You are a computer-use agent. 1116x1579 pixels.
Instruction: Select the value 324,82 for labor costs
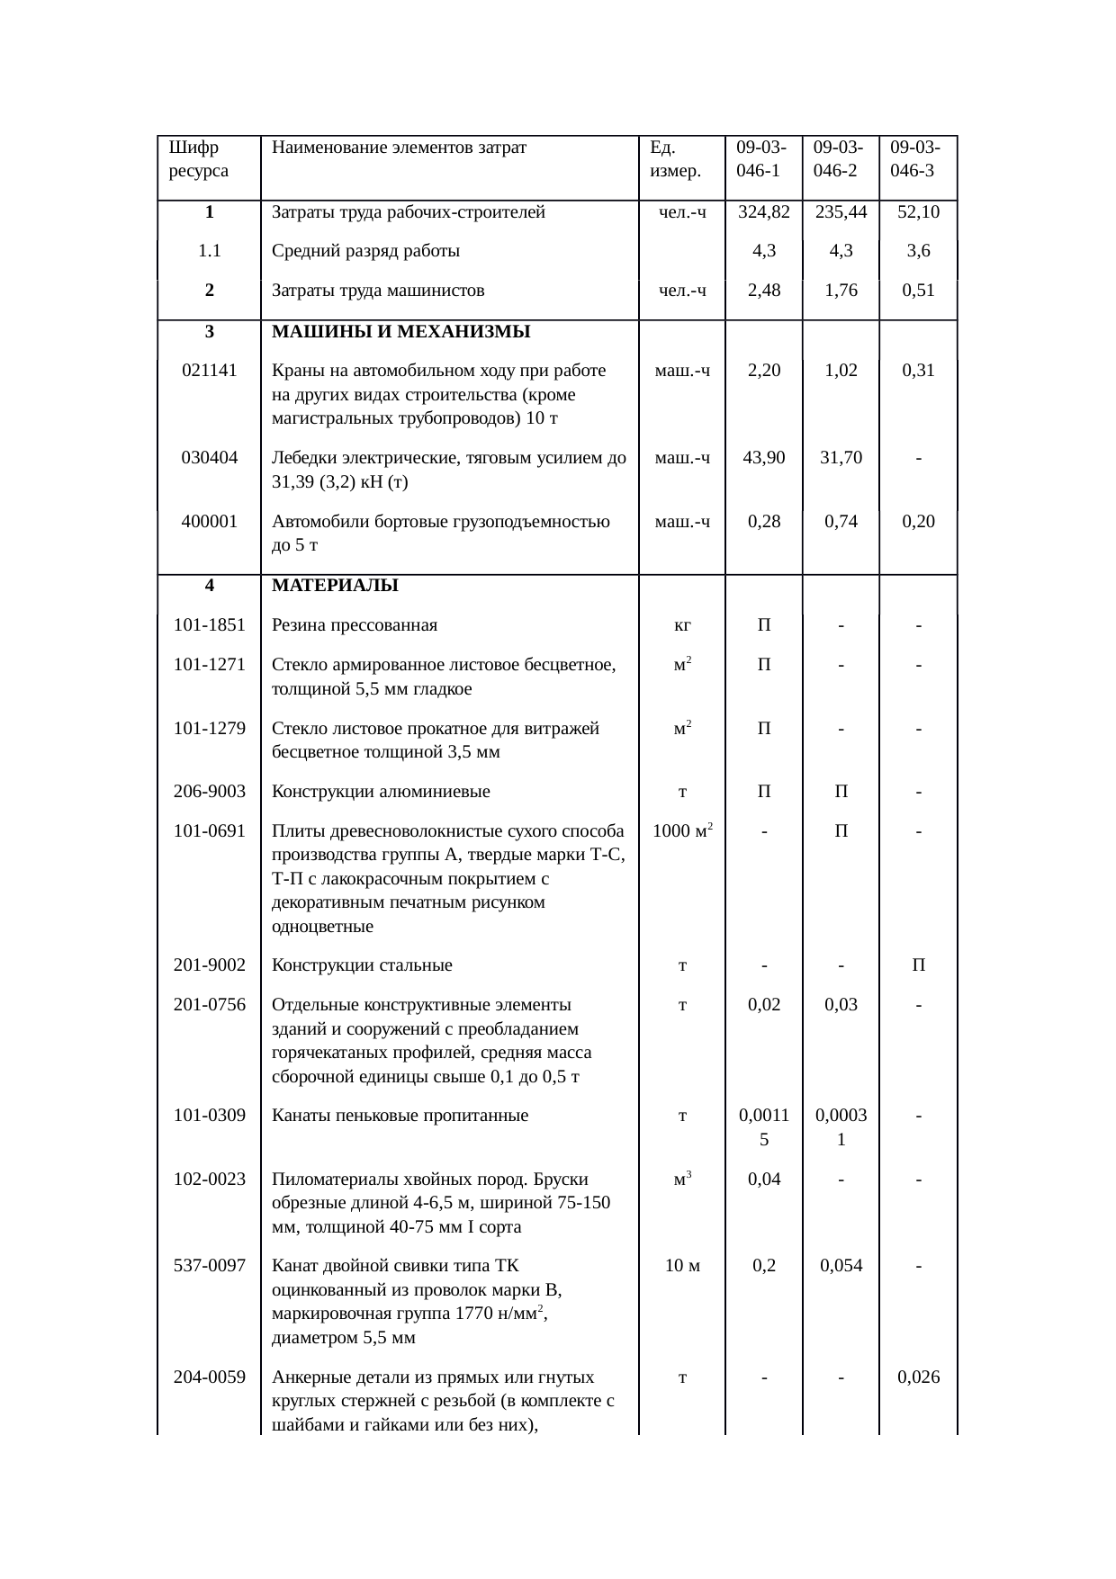[x=763, y=212]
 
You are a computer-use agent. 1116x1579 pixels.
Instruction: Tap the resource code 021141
[x=209, y=370]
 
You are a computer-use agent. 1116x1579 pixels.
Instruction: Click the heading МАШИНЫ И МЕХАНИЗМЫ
[x=400, y=331]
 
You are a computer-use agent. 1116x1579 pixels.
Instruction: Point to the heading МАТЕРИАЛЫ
[x=335, y=586]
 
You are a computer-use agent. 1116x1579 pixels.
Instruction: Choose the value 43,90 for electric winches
[x=763, y=457]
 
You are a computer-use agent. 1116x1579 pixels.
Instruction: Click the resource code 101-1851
[x=209, y=625]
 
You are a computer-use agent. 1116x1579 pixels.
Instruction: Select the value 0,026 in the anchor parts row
[x=918, y=1377]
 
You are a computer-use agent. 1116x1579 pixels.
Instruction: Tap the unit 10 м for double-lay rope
[x=682, y=1266]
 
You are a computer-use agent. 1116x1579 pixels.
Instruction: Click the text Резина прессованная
[x=355, y=625]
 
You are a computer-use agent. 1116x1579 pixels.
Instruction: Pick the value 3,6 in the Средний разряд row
[x=918, y=251]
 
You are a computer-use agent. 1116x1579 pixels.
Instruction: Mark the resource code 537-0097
[x=209, y=1266]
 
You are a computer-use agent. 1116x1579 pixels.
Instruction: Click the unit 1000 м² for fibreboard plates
[x=682, y=830]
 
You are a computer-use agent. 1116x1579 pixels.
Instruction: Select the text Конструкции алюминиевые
[x=381, y=792]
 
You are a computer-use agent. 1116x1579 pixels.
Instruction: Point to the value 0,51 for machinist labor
[x=918, y=291]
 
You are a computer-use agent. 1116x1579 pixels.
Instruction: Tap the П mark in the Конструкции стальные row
[x=918, y=965]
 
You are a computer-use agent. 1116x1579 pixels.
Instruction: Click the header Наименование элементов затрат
[x=399, y=147]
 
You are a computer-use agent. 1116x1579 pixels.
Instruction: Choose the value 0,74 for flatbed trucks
[x=841, y=521]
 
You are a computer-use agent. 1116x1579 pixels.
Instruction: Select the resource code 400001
[x=209, y=521]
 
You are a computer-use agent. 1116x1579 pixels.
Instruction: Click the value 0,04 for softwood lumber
[x=763, y=1179]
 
